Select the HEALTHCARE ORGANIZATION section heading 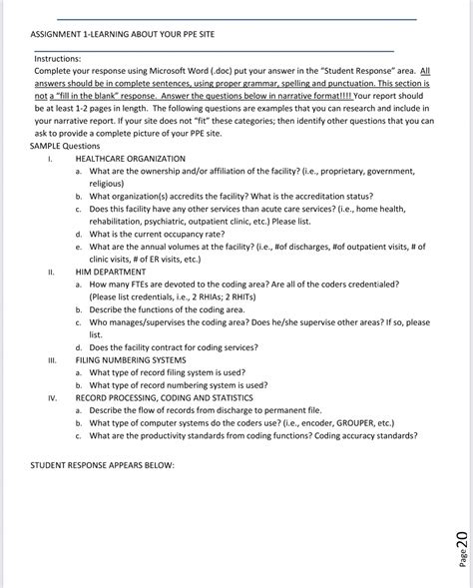[130, 159]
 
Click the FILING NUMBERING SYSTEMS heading [130, 359]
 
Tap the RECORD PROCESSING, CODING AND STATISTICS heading [164, 397]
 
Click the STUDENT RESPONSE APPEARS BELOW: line [103, 465]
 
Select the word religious [107, 184]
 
